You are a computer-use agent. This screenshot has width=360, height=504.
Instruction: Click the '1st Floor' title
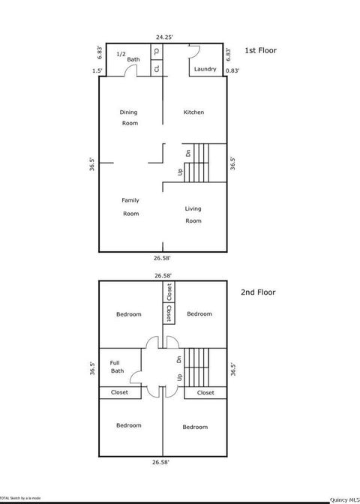(x=261, y=50)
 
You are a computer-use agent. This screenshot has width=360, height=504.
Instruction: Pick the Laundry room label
(x=205, y=69)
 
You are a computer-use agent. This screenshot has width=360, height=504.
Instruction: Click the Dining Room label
(x=130, y=118)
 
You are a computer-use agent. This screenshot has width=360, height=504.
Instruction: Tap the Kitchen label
(x=194, y=112)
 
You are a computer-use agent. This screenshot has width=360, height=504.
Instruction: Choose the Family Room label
(x=131, y=207)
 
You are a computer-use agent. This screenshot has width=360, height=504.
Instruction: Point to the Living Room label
(x=193, y=214)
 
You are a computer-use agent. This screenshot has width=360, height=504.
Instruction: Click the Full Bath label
(x=116, y=366)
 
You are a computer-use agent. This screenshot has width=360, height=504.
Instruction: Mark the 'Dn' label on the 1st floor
(x=188, y=153)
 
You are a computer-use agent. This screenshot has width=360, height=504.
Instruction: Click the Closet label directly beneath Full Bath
(x=119, y=392)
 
